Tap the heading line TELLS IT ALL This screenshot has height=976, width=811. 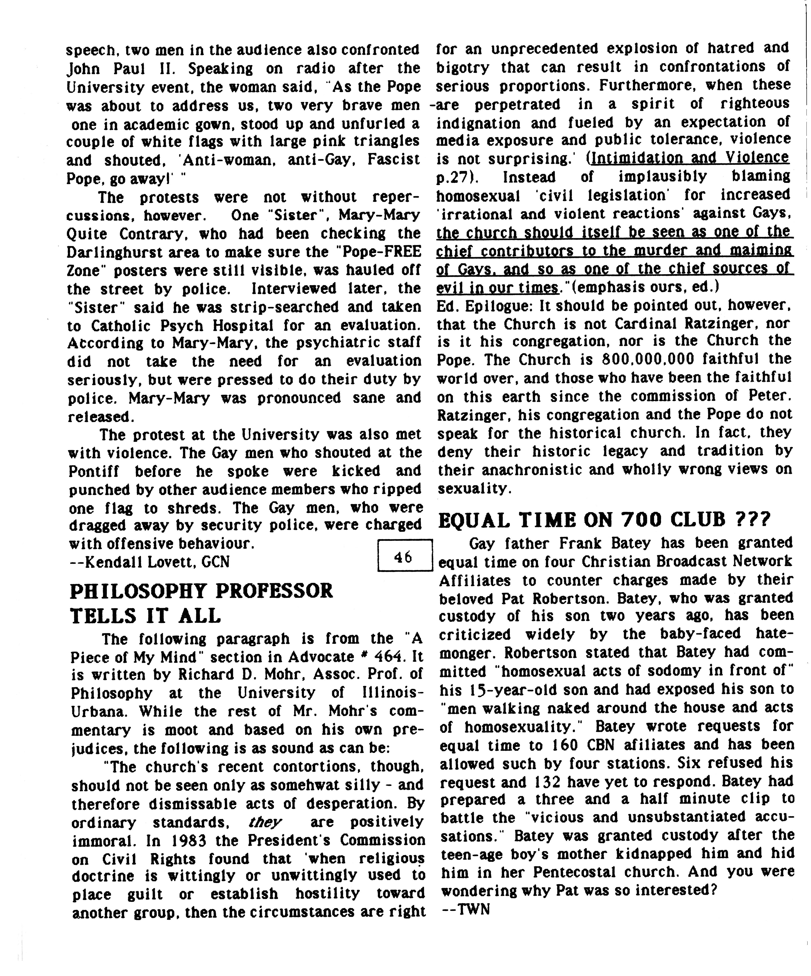tap(145, 616)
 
